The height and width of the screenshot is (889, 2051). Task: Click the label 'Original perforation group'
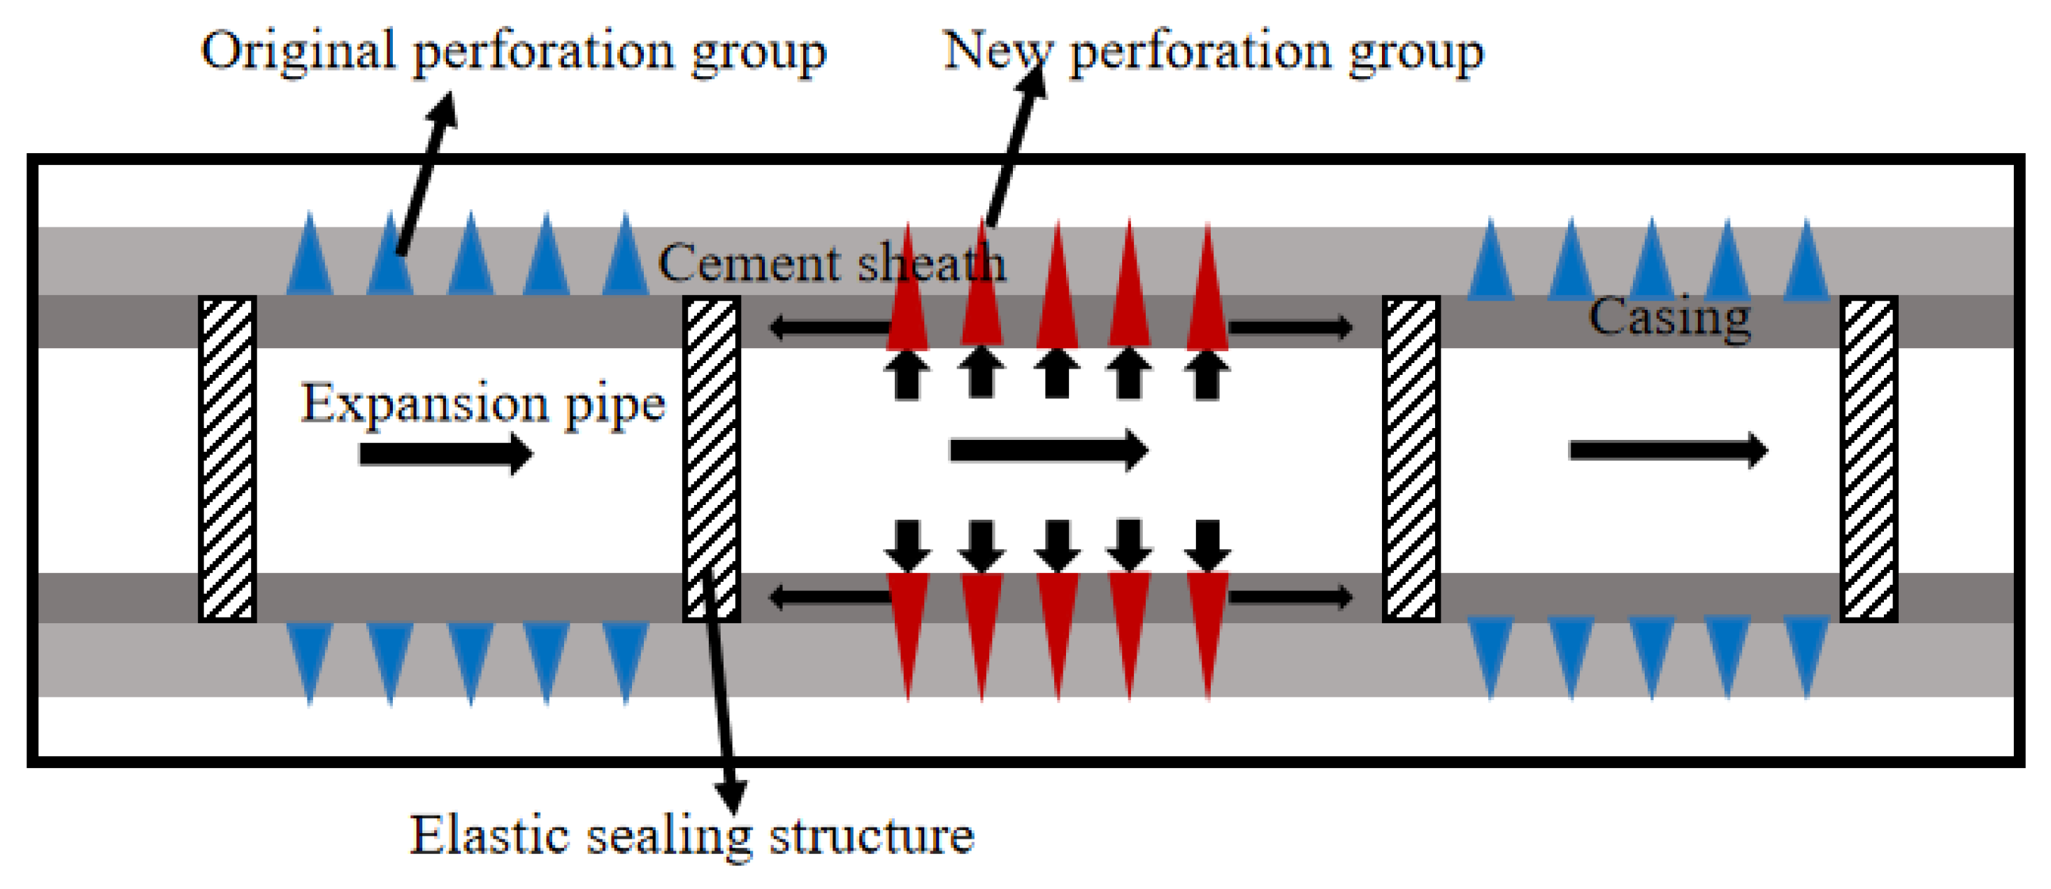(514, 52)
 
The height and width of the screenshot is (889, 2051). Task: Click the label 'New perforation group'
(1213, 52)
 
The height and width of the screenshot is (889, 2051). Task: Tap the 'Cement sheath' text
(831, 263)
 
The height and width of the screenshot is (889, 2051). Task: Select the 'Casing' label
(1669, 317)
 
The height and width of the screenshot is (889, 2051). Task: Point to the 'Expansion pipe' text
(482, 404)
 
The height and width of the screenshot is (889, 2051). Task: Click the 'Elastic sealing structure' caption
(691, 837)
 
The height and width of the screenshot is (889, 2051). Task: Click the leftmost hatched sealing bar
(227, 459)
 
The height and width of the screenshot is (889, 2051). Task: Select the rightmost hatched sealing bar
(1868, 459)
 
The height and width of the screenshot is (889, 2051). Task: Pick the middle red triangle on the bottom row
(1058, 630)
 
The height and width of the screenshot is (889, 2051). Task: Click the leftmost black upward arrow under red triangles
(907, 374)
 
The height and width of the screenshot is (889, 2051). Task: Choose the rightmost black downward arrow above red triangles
(1207, 545)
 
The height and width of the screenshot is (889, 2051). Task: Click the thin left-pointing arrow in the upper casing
(828, 327)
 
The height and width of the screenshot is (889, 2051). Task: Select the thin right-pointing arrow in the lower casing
(1290, 597)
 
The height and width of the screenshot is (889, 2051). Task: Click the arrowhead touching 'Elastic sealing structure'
(731, 797)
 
